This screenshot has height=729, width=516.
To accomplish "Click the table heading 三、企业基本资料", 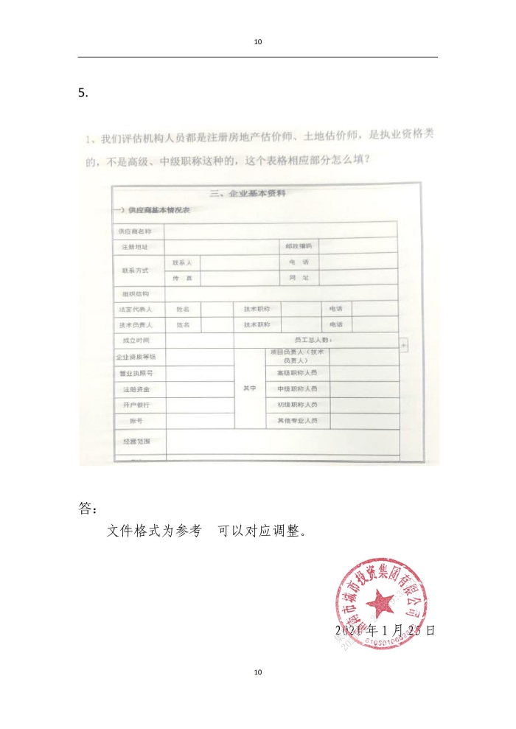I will pos(248,194).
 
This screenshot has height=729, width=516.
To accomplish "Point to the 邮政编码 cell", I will pos(299,245).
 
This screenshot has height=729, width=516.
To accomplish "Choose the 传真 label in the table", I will pos(182,278).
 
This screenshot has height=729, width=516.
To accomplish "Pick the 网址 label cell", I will pos(299,278).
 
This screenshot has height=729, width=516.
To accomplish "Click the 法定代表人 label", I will pos(136,310).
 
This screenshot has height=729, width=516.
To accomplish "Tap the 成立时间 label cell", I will pos(136,341).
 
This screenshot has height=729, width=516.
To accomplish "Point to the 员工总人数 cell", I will pos(313,340).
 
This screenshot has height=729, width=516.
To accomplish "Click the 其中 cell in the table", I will pos(249,388).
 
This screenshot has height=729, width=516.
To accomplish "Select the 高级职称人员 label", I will pos(297,373).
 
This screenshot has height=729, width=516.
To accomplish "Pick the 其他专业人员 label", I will pos(297,421).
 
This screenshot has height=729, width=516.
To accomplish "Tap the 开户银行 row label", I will pos(136,405).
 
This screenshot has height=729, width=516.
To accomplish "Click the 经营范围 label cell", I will pos(137,441).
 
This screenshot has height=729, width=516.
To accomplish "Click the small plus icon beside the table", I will pos(403,344).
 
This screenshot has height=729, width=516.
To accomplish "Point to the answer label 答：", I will pos(87,509).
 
